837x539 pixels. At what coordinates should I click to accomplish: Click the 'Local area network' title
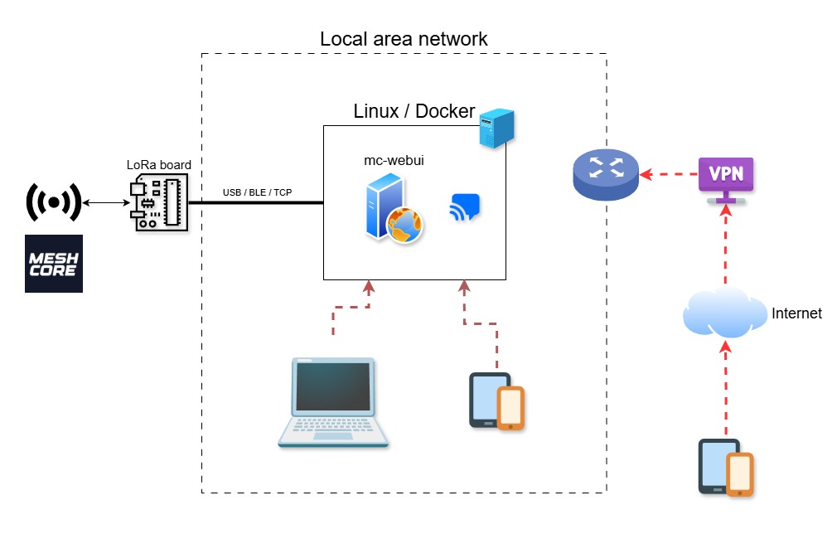click(404, 39)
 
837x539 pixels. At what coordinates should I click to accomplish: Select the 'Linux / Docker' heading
click(414, 111)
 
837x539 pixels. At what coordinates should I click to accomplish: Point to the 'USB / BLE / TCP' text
click(257, 193)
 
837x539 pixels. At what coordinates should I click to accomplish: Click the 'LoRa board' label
click(158, 165)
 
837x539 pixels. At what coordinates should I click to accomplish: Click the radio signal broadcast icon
click(54, 202)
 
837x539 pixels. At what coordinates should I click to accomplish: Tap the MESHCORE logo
click(54, 264)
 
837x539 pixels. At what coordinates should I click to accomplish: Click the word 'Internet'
click(796, 313)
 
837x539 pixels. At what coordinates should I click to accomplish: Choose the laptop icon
click(333, 404)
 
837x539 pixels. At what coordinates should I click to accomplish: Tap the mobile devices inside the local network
click(497, 401)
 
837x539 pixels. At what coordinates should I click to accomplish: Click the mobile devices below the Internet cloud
click(726, 468)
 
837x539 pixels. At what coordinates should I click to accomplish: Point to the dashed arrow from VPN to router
click(669, 175)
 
